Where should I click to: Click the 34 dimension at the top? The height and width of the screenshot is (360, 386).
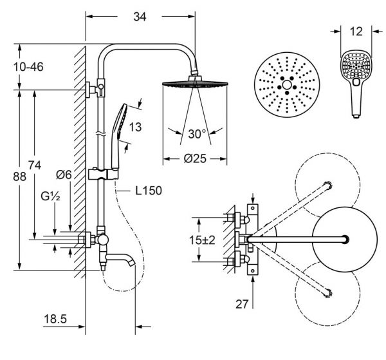click(x=140, y=17)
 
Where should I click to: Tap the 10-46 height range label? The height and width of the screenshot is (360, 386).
click(x=28, y=67)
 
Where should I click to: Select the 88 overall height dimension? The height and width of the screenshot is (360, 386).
click(x=19, y=176)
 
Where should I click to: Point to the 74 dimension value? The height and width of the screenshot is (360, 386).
click(x=35, y=165)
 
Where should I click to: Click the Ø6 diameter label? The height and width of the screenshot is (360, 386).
click(x=64, y=175)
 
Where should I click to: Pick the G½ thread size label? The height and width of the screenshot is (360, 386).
click(x=50, y=196)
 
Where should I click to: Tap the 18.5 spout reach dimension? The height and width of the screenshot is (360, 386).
click(x=55, y=319)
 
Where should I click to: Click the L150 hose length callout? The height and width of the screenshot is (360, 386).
click(x=149, y=191)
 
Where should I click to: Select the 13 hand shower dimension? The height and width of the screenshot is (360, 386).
click(x=135, y=127)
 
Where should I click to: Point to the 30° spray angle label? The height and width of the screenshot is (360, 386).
click(x=197, y=134)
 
